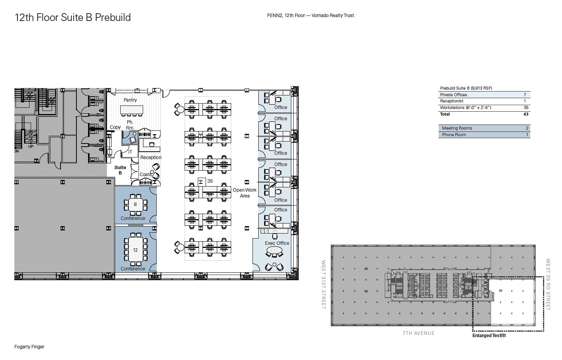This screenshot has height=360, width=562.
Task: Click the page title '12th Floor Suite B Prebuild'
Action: tap(73, 17)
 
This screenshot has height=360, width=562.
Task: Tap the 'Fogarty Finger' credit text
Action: tap(29, 347)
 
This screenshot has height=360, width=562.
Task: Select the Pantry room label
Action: tap(130, 100)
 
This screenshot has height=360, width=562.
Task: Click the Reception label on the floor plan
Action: tap(151, 157)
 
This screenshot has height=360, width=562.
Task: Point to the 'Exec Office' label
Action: tap(277, 243)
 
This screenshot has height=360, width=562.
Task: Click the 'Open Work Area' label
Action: tap(245, 193)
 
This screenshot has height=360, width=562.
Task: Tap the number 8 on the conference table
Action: tap(135, 204)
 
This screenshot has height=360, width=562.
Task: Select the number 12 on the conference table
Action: tap(135, 250)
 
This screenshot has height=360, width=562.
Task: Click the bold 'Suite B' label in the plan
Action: tap(120, 170)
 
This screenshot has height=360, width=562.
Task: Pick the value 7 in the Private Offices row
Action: tap(525, 95)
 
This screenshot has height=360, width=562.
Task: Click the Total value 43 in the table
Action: tap(526, 114)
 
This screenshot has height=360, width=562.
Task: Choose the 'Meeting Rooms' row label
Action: tap(457, 128)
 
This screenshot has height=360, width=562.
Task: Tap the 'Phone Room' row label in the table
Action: tap(454, 135)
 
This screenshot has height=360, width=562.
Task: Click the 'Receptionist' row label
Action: tap(451, 101)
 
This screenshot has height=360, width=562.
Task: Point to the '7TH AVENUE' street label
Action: tap(418, 333)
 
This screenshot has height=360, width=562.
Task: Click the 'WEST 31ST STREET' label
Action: tap(323, 285)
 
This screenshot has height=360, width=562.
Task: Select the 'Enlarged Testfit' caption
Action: tap(489, 336)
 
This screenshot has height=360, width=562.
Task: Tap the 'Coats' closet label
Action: tap(145, 175)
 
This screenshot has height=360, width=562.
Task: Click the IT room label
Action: tap(130, 152)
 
